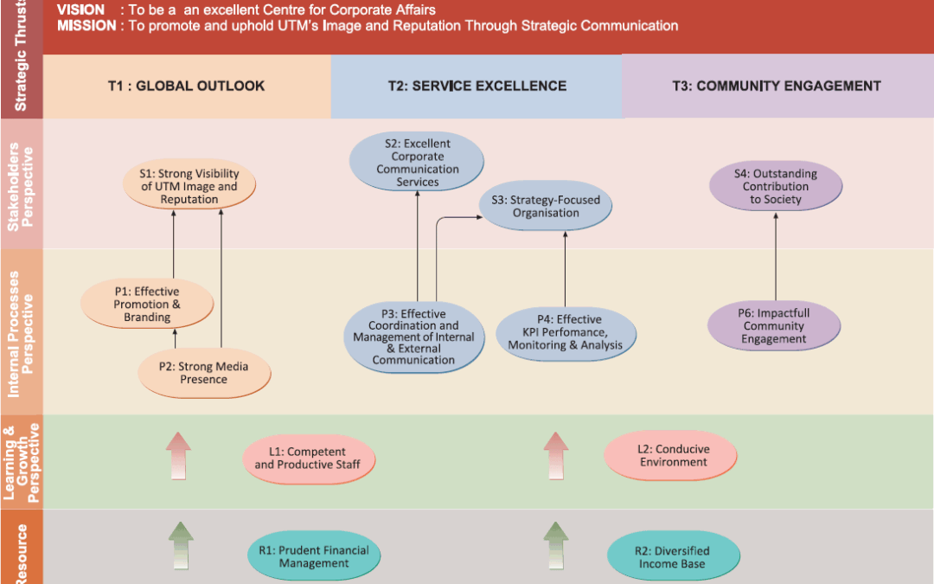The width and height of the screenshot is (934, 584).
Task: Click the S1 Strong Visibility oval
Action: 189,187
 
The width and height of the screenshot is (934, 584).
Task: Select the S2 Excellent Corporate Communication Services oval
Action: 417,163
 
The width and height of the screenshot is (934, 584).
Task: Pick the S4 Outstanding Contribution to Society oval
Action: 775,187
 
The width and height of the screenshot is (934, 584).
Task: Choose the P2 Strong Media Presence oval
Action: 204,373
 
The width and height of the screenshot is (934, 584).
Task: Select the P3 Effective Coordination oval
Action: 414,337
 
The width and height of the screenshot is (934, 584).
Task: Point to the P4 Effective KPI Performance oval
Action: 566,333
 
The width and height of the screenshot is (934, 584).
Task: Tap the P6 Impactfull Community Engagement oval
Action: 773,326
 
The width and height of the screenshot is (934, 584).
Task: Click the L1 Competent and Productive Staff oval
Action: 309,459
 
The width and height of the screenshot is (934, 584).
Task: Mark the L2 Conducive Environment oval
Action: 671,456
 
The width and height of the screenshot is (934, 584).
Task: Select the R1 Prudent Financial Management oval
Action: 313,556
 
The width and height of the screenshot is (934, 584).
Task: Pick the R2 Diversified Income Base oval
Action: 674,557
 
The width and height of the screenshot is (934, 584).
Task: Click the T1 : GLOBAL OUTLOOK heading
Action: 186,86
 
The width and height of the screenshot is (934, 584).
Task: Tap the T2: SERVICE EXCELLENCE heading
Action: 477,86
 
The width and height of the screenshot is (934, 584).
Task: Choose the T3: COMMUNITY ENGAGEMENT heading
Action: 777,86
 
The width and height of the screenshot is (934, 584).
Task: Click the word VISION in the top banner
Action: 80,10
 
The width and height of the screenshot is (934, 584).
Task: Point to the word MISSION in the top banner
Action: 86,26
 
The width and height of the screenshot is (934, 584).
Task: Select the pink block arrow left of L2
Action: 556,456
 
